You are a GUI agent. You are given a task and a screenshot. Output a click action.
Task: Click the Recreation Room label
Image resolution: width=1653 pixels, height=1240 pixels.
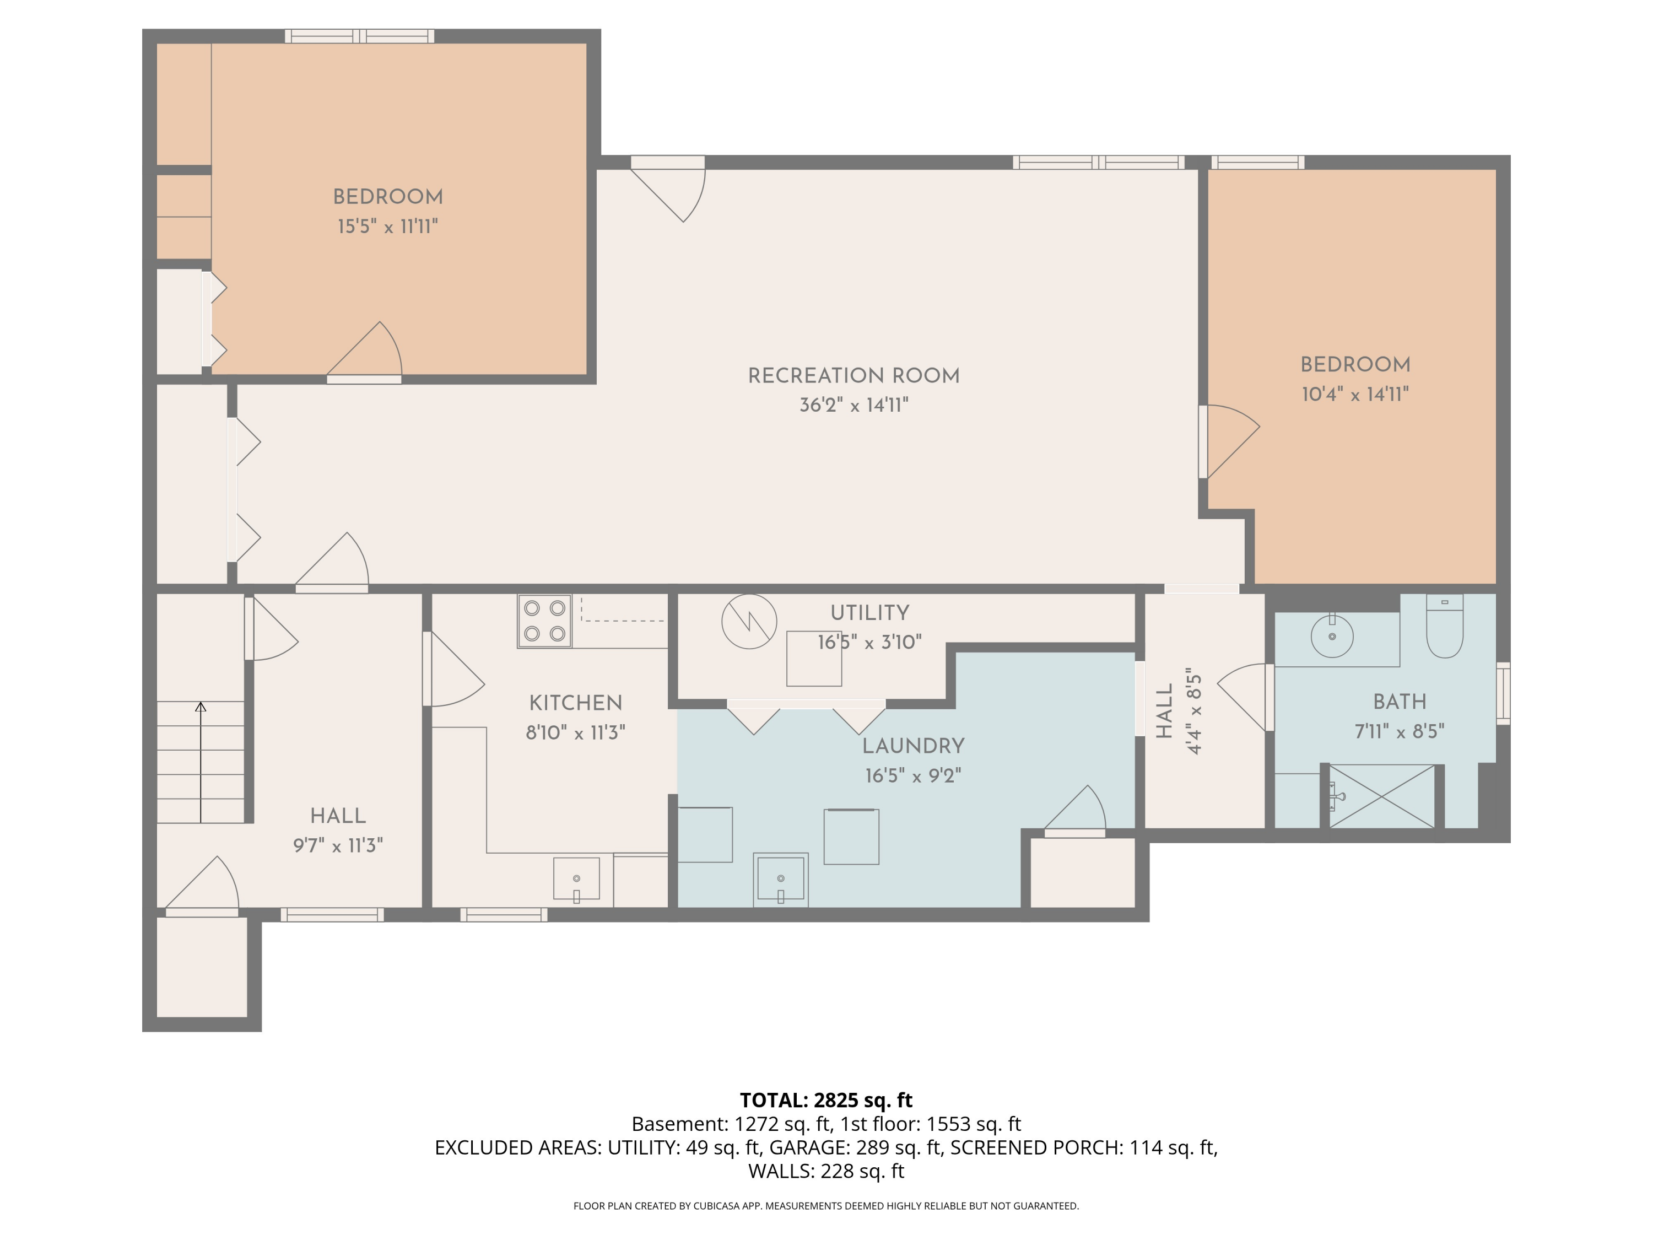pyautogui.click(x=853, y=376)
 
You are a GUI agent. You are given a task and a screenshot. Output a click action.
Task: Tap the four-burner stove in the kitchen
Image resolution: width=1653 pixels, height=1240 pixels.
pyautogui.click(x=544, y=621)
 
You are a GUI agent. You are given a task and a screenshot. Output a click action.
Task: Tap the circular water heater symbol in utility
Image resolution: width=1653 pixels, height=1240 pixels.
pyautogui.click(x=749, y=621)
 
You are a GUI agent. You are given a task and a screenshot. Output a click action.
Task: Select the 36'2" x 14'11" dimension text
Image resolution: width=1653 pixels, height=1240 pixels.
pyautogui.click(x=853, y=405)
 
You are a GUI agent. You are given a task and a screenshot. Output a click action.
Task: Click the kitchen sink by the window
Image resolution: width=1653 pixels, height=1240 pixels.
pyautogui.click(x=576, y=879)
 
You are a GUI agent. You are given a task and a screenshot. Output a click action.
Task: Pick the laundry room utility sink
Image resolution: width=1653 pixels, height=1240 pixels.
pyautogui.click(x=780, y=879)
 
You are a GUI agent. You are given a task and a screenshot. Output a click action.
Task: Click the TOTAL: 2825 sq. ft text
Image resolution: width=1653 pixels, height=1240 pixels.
pyautogui.click(x=826, y=1100)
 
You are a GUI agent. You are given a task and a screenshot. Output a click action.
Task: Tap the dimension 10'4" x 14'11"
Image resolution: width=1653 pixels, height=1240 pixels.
pyautogui.click(x=1355, y=395)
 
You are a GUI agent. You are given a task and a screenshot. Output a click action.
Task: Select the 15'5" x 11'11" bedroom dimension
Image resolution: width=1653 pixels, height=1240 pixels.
pyautogui.click(x=387, y=227)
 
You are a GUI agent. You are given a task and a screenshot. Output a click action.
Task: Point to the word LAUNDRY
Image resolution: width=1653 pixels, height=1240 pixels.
pyautogui.click(x=913, y=746)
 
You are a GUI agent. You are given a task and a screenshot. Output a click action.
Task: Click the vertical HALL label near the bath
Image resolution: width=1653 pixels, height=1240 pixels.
pyautogui.click(x=1164, y=711)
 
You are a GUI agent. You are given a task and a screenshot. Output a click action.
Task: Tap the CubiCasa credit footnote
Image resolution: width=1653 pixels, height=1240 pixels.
pyautogui.click(x=826, y=1206)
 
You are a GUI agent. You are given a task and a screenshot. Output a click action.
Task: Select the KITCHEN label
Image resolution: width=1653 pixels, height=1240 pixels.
pyautogui.click(x=575, y=703)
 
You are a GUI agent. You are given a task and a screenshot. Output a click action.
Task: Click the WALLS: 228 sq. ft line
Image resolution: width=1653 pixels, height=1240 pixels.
pyautogui.click(x=826, y=1171)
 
